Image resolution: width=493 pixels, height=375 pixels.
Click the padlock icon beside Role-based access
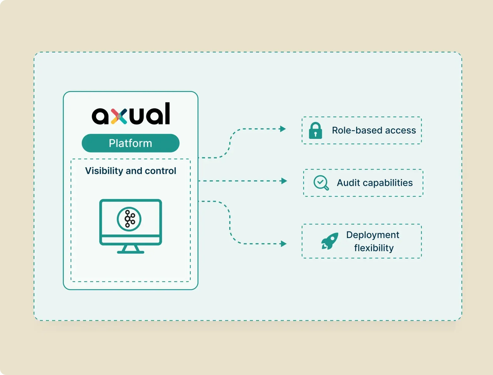point(316,131)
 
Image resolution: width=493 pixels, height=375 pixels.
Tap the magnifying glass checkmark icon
point(321,183)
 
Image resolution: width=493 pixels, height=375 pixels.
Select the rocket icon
point(330,241)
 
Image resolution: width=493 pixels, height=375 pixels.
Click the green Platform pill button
point(130,143)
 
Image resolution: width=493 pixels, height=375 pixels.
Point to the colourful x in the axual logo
point(119,116)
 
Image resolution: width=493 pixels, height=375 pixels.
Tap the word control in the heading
point(160,171)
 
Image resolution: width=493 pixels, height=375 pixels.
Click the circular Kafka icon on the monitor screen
point(129,219)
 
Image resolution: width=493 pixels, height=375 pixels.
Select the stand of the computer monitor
point(131,249)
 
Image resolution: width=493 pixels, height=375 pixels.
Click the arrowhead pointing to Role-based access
point(283,129)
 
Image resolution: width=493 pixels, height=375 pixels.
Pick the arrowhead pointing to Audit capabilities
point(284,181)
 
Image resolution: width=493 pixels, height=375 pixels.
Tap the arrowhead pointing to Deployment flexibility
point(283,244)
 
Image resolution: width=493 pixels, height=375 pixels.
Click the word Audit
point(348,183)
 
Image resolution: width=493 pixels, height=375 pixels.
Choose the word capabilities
point(388,183)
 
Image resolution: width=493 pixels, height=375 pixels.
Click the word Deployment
point(373,235)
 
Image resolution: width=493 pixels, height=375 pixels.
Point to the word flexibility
point(374,248)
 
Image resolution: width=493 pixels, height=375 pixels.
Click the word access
point(400,131)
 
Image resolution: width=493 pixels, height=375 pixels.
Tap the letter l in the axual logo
point(167,113)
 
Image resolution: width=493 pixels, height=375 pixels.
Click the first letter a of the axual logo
point(100,116)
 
